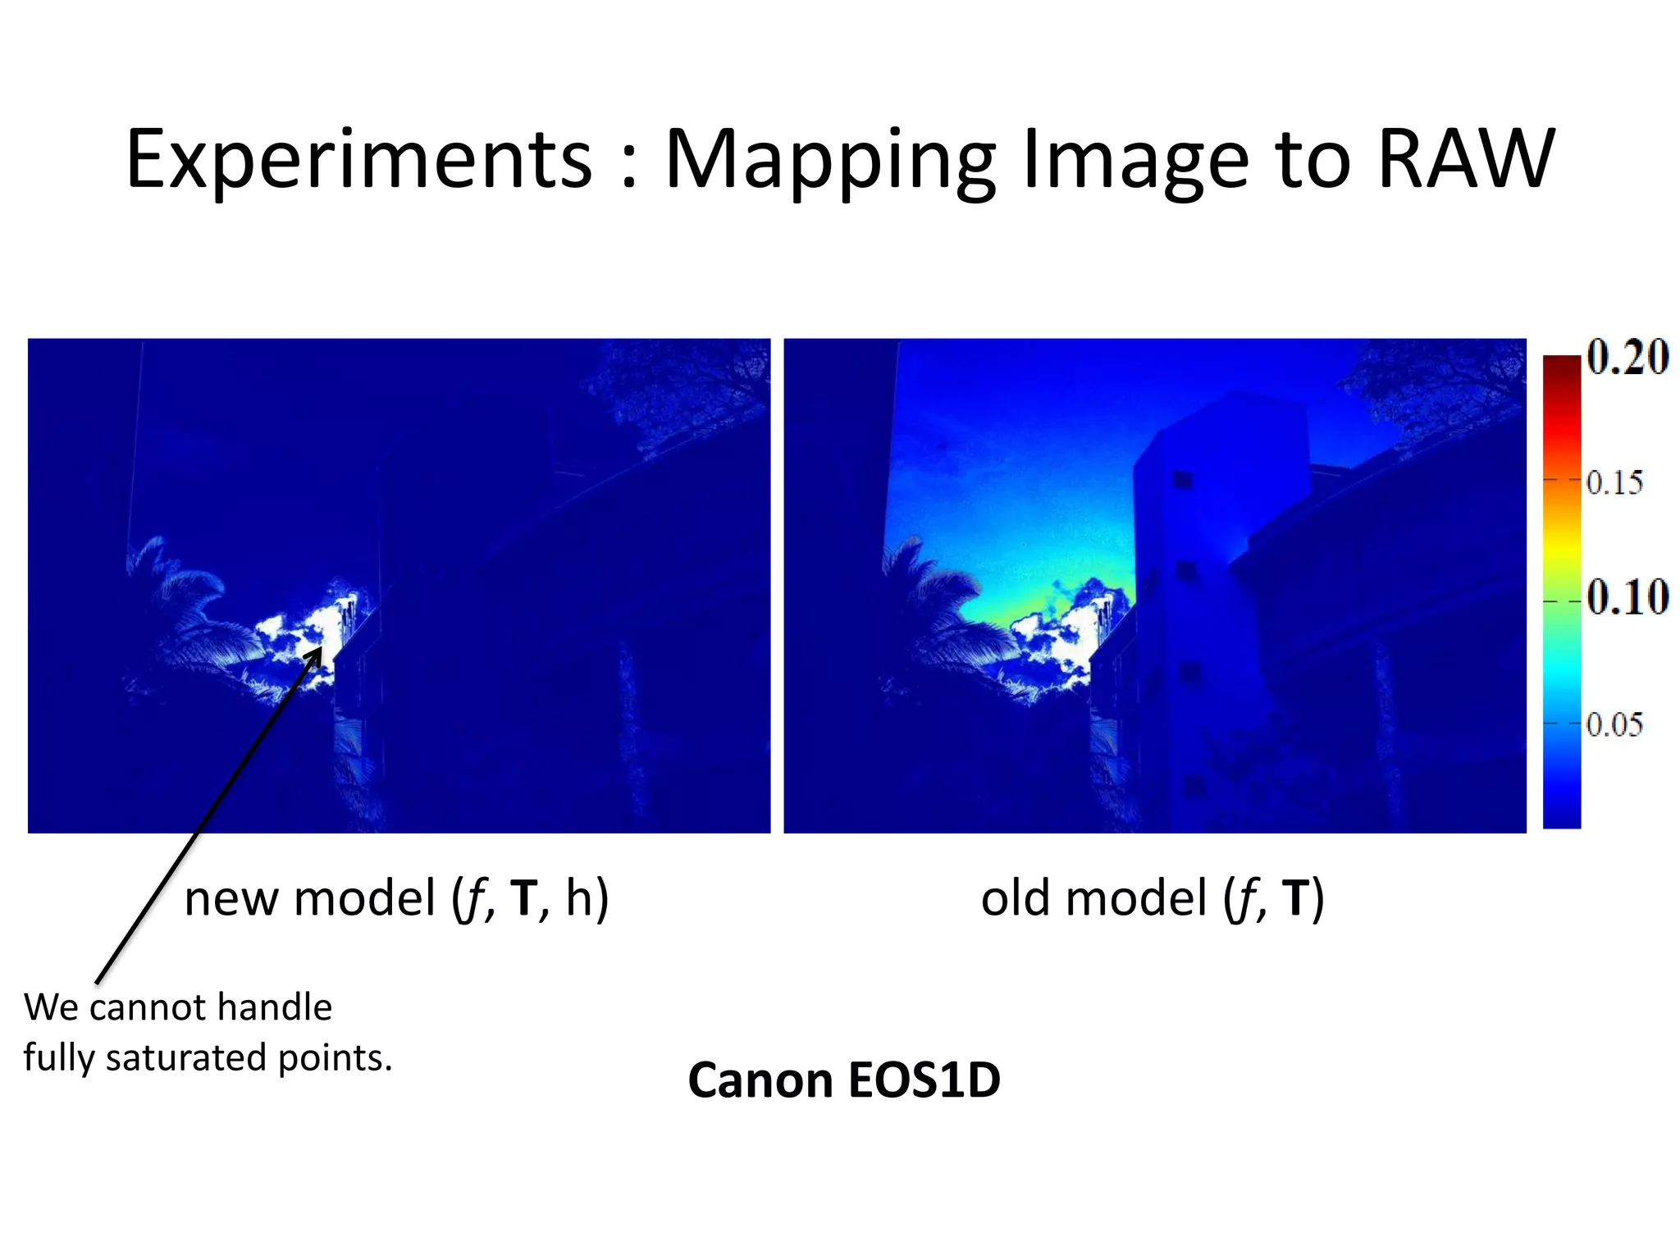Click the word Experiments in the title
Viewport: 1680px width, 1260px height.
tap(358, 160)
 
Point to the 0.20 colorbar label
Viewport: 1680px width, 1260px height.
tap(1627, 358)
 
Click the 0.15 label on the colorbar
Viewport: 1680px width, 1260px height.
tap(1614, 482)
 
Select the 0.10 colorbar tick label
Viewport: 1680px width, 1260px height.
tap(1627, 597)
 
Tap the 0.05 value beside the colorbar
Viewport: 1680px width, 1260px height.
tap(1614, 724)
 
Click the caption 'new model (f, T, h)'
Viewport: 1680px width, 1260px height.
tap(396, 898)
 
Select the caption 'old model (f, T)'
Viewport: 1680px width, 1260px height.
tap(1152, 898)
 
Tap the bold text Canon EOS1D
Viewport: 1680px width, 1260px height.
tap(843, 1080)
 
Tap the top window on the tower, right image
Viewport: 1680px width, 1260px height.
tap(1182, 479)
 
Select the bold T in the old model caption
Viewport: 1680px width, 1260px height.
tap(1295, 898)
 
